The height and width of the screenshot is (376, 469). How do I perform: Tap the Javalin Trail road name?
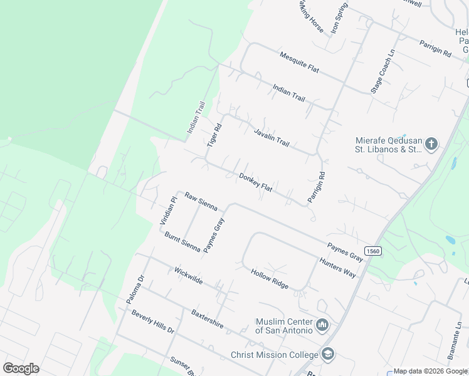click(271, 135)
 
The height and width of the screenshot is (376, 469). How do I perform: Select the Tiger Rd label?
click(214, 135)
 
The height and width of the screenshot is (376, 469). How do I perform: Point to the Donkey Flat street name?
click(255, 183)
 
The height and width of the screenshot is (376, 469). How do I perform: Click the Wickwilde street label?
click(189, 276)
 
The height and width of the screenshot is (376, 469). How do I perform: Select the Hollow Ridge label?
click(270, 279)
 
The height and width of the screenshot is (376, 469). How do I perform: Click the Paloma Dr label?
click(135, 289)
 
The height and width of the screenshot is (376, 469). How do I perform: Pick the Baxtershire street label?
click(208, 318)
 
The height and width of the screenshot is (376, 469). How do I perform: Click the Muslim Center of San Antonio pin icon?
click(322, 325)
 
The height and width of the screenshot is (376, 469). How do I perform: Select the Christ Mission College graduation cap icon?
click(327, 354)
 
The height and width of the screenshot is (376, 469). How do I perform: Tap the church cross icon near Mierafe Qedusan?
click(431, 145)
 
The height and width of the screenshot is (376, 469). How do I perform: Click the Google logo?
click(21, 368)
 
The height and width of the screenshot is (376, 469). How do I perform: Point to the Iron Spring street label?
click(340, 18)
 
